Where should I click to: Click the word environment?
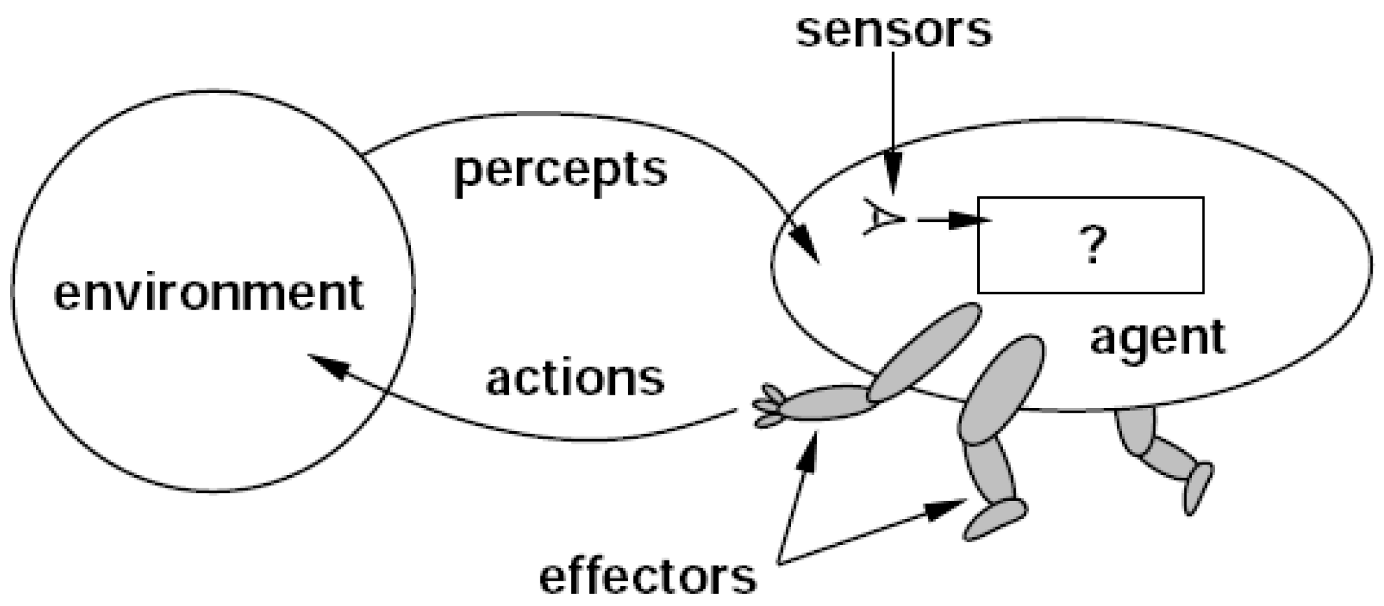[x=209, y=293]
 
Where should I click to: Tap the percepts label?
[x=560, y=171]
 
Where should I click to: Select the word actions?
[x=575, y=379]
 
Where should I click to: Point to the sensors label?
[x=893, y=30]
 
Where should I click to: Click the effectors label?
[x=647, y=577]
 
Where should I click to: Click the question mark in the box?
[x=1093, y=245]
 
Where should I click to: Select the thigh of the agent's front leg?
[x=1001, y=389]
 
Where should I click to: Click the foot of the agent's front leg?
[x=995, y=520]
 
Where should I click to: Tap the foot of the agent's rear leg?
[x=1198, y=488]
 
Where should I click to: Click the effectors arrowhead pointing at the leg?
[x=948, y=508]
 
